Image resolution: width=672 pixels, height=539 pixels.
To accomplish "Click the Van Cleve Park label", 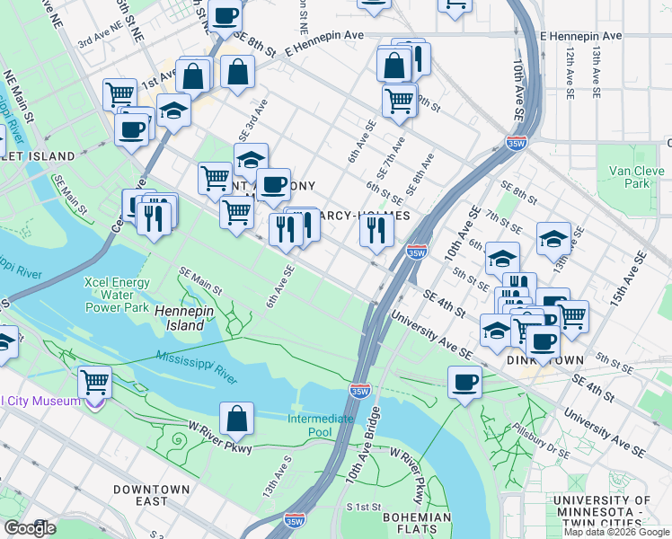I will click(628, 177).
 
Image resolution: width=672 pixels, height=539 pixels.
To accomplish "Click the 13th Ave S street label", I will click(276, 475).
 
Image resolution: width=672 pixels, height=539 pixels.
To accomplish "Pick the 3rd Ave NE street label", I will click(99, 41).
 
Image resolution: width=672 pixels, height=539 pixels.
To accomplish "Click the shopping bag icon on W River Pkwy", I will click(236, 419).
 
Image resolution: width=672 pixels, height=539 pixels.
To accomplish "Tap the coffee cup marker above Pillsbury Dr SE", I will click(464, 383).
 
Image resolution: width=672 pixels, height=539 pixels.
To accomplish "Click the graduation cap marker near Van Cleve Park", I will click(553, 239).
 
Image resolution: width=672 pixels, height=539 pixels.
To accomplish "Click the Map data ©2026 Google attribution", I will click(616, 532).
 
